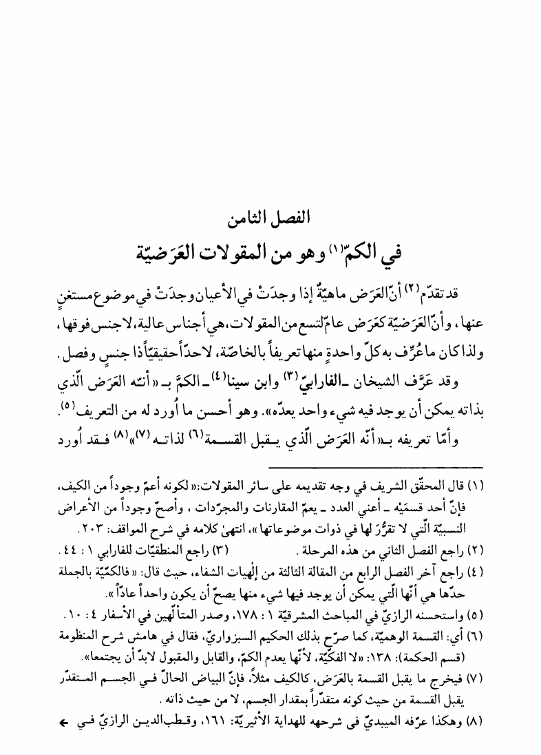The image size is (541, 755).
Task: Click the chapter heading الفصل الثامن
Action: (270, 222)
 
